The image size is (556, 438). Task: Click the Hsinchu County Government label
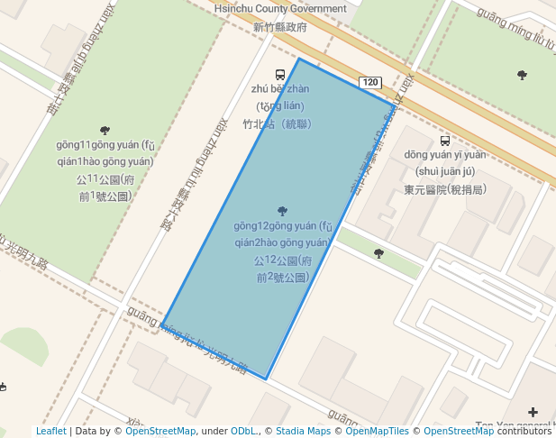[280, 9]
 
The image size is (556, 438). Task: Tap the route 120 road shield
[369, 83]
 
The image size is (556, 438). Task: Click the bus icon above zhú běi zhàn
[280, 75]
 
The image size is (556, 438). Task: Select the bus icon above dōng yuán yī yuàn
[444, 141]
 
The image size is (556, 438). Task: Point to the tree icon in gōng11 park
[105, 131]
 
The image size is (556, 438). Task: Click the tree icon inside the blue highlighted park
[283, 211]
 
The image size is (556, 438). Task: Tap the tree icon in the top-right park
[522, 75]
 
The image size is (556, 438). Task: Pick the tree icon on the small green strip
[378, 254]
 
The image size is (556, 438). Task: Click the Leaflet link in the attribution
[51, 432]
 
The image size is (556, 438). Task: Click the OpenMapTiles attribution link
[377, 432]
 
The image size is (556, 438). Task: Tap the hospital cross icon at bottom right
[533, 412]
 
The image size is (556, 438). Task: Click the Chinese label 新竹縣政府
[280, 27]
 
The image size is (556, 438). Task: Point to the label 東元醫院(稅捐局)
[445, 189]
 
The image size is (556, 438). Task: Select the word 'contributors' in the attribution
[525, 432]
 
